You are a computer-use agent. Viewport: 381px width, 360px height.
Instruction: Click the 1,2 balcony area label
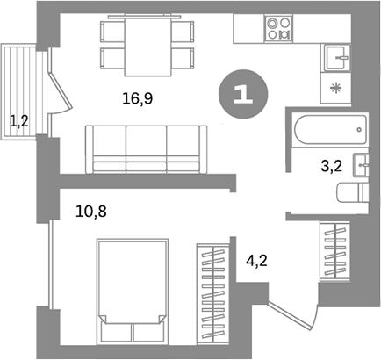coord(18,119)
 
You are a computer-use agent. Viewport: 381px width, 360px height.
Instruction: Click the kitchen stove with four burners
coord(278,30)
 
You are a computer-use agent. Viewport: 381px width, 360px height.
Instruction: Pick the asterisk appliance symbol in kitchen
coord(335,88)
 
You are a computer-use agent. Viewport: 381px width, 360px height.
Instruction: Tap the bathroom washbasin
coord(361,165)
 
